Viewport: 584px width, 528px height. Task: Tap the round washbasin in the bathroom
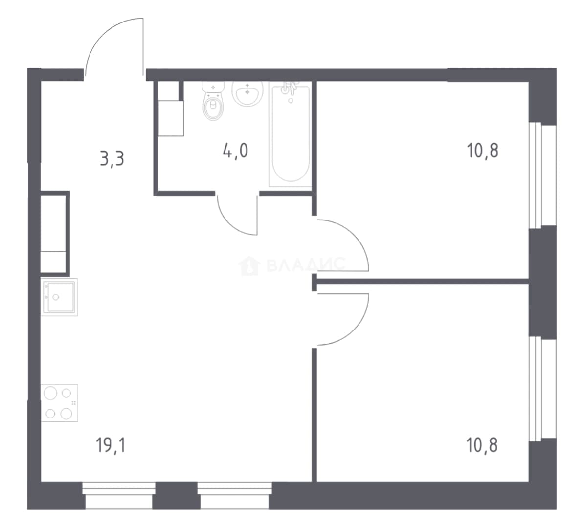(x=247, y=93)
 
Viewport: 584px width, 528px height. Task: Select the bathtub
(x=291, y=136)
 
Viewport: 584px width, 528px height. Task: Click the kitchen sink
(x=59, y=297)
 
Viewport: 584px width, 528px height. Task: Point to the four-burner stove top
(x=59, y=403)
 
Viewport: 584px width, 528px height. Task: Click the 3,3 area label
(x=112, y=159)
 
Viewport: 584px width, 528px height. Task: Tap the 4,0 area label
(x=235, y=151)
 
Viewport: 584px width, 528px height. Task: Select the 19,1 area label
(x=111, y=445)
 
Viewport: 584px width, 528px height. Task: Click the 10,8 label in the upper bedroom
(x=482, y=151)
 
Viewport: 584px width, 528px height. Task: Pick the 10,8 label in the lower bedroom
(x=482, y=445)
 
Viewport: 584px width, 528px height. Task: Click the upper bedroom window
(x=542, y=175)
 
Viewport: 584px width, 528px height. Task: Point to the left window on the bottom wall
(x=119, y=495)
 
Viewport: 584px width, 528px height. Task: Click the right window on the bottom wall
(x=235, y=495)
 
